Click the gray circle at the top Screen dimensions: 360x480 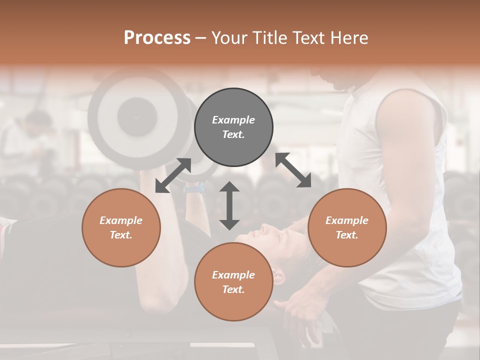pyautogui.click(x=233, y=127)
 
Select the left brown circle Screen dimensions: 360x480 pyautogui.click(x=121, y=227)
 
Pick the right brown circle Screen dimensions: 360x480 pyautogui.click(x=347, y=227)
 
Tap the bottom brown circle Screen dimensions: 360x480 pyautogui.click(x=233, y=281)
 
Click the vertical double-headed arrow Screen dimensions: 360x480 pyautogui.click(x=229, y=205)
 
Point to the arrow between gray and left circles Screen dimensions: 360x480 pyautogui.click(x=173, y=175)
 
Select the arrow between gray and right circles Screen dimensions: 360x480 pyautogui.click(x=293, y=170)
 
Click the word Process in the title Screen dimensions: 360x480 pyautogui.click(x=157, y=37)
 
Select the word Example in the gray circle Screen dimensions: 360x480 pyautogui.click(x=233, y=120)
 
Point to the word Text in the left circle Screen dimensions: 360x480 pyautogui.click(x=121, y=235)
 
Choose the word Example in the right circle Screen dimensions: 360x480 pyautogui.click(x=347, y=220)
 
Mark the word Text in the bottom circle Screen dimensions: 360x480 pyautogui.click(x=233, y=289)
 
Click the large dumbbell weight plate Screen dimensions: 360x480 pyautogui.click(x=132, y=115)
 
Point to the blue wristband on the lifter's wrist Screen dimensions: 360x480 pyautogui.click(x=194, y=188)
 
